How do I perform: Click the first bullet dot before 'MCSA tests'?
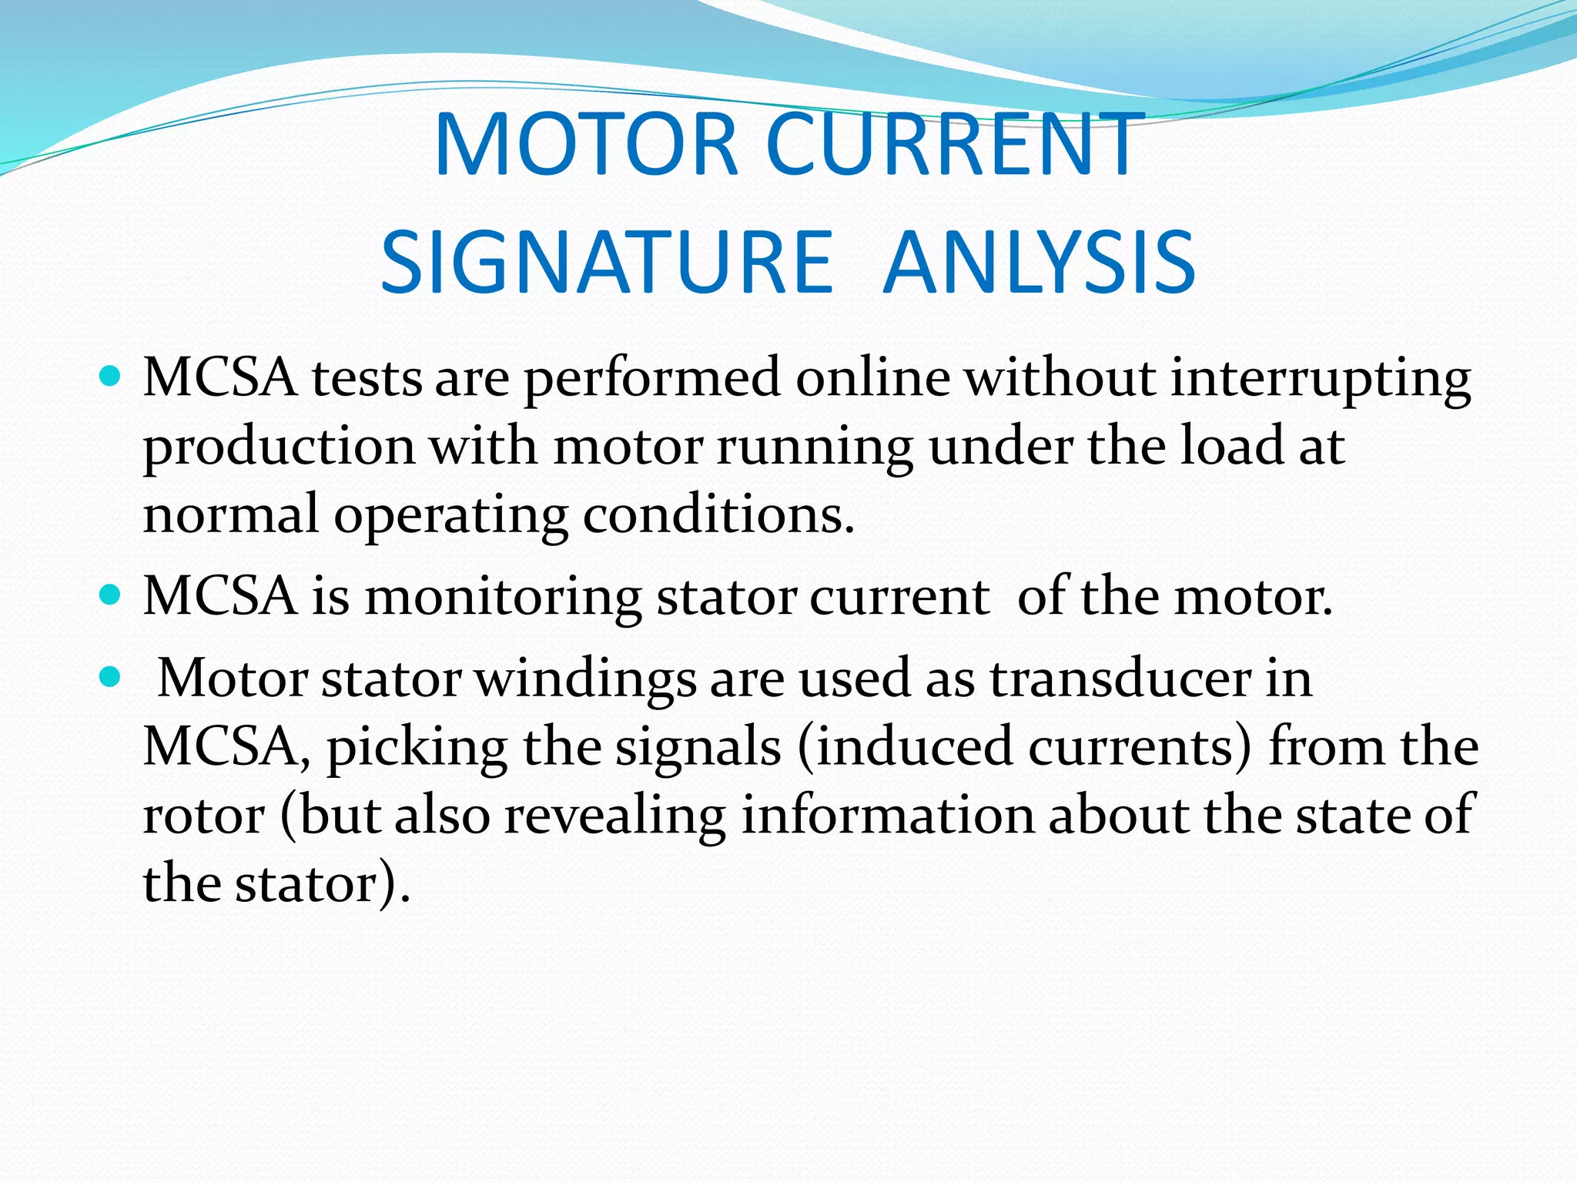(111, 377)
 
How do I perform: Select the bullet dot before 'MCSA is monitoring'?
(111, 595)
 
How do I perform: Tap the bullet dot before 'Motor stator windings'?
(111, 677)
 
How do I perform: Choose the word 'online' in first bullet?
(872, 378)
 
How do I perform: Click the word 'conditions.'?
(718, 514)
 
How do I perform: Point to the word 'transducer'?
(1120, 679)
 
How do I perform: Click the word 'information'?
(887, 815)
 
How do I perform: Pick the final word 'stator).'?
(323, 884)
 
